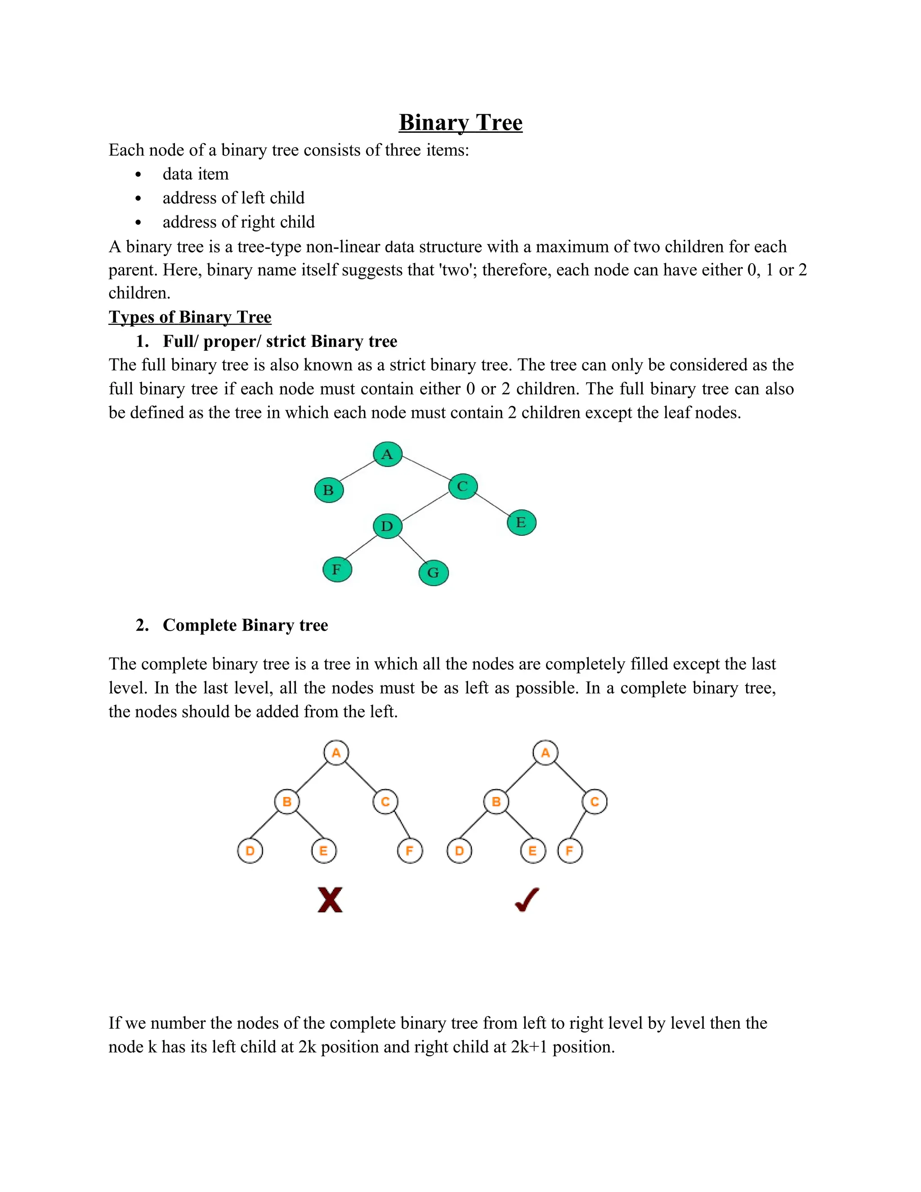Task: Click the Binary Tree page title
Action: (x=460, y=122)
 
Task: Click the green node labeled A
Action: (x=387, y=454)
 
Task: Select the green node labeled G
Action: (x=433, y=573)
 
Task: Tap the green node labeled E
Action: (x=521, y=522)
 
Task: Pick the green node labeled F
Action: (x=337, y=569)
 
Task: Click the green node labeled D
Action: (x=387, y=526)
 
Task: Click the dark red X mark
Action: (x=330, y=900)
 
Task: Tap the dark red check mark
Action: (x=527, y=900)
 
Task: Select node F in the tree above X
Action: (x=410, y=851)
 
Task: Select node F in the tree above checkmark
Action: (x=570, y=851)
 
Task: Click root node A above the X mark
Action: (x=336, y=753)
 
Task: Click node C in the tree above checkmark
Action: (x=595, y=802)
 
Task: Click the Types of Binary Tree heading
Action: (x=190, y=317)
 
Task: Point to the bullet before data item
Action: (x=138, y=175)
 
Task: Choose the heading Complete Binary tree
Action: (x=245, y=625)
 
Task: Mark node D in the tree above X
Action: (x=250, y=851)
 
